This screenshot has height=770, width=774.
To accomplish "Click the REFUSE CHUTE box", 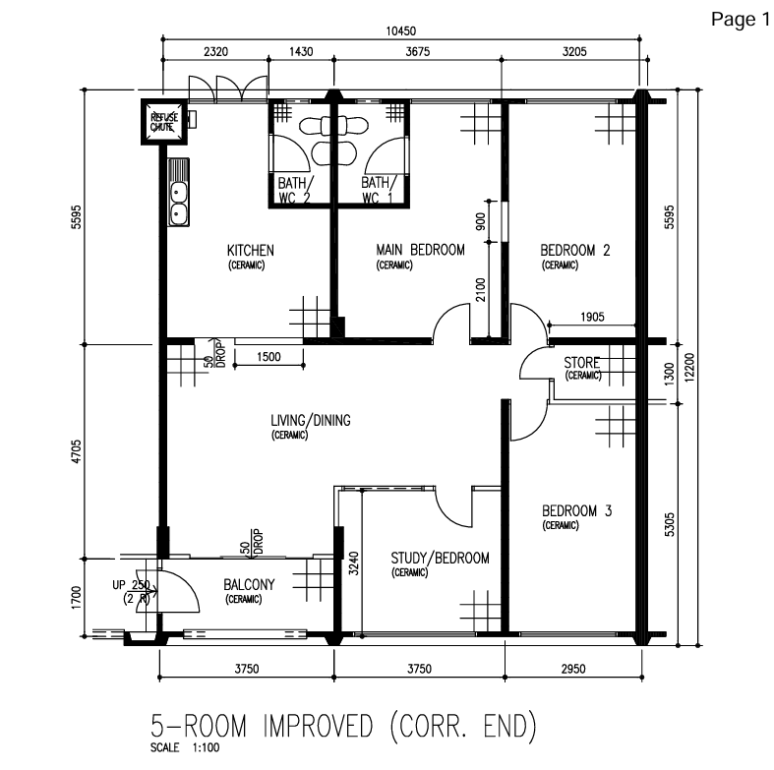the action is tap(164, 122).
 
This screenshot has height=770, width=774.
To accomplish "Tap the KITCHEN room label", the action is tap(250, 250).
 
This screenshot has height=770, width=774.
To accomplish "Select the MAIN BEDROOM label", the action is tap(420, 250).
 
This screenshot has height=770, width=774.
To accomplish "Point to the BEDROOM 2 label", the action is tap(575, 250).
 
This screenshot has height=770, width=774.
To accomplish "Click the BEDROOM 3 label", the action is tap(576, 510).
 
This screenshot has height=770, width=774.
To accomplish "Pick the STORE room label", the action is tap(581, 363).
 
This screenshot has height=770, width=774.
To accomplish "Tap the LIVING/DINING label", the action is tap(311, 421).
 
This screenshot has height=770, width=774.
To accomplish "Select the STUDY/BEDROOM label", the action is tap(440, 558).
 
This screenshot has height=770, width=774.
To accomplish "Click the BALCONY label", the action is tap(249, 584).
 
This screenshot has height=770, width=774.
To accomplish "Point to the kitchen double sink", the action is tap(178, 193).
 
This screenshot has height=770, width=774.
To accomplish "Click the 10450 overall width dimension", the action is tap(401, 31).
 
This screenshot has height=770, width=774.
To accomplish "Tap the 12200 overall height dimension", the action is tap(689, 367).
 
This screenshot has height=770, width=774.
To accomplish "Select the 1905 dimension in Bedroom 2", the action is tap(592, 317).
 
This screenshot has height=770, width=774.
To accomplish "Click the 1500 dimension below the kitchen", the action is tap(268, 356).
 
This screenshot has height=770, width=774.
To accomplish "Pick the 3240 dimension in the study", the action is tap(354, 563).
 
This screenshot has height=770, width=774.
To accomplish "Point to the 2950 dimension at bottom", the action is tap(573, 669).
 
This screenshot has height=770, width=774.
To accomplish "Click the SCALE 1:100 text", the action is tap(185, 747).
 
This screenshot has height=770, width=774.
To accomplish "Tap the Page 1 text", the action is tap(740, 20).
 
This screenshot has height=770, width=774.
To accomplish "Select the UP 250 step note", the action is tap(131, 585).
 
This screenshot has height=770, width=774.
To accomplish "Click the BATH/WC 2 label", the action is tap(295, 190).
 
